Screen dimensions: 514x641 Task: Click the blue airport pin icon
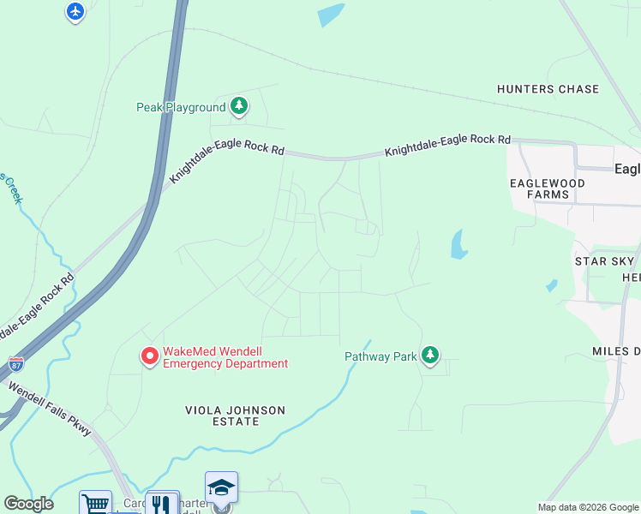(x=75, y=11)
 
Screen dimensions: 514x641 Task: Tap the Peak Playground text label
(x=181, y=107)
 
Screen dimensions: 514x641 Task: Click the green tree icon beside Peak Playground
(x=240, y=107)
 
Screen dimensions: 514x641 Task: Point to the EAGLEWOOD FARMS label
(x=547, y=188)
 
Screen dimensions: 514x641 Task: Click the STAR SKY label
(x=603, y=260)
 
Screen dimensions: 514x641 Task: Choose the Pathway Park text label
(x=380, y=356)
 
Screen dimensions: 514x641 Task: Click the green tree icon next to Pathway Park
(x=430, y=356)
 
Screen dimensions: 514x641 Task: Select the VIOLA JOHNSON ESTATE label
(x=235, y=415)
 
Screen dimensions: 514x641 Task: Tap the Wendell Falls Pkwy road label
(x=50, y=409)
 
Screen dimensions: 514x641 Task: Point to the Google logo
(x=28, y=504)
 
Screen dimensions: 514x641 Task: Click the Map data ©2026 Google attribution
(x=588, y=507)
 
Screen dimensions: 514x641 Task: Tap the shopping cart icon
(x=95, y=504)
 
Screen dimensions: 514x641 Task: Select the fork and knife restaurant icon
(x=161, y=504)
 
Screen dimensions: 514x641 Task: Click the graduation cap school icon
(x=221, y=487)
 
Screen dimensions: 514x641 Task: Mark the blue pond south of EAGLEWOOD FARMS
(x=459, y=245)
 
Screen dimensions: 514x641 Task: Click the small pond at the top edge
(x=330, y=15)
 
